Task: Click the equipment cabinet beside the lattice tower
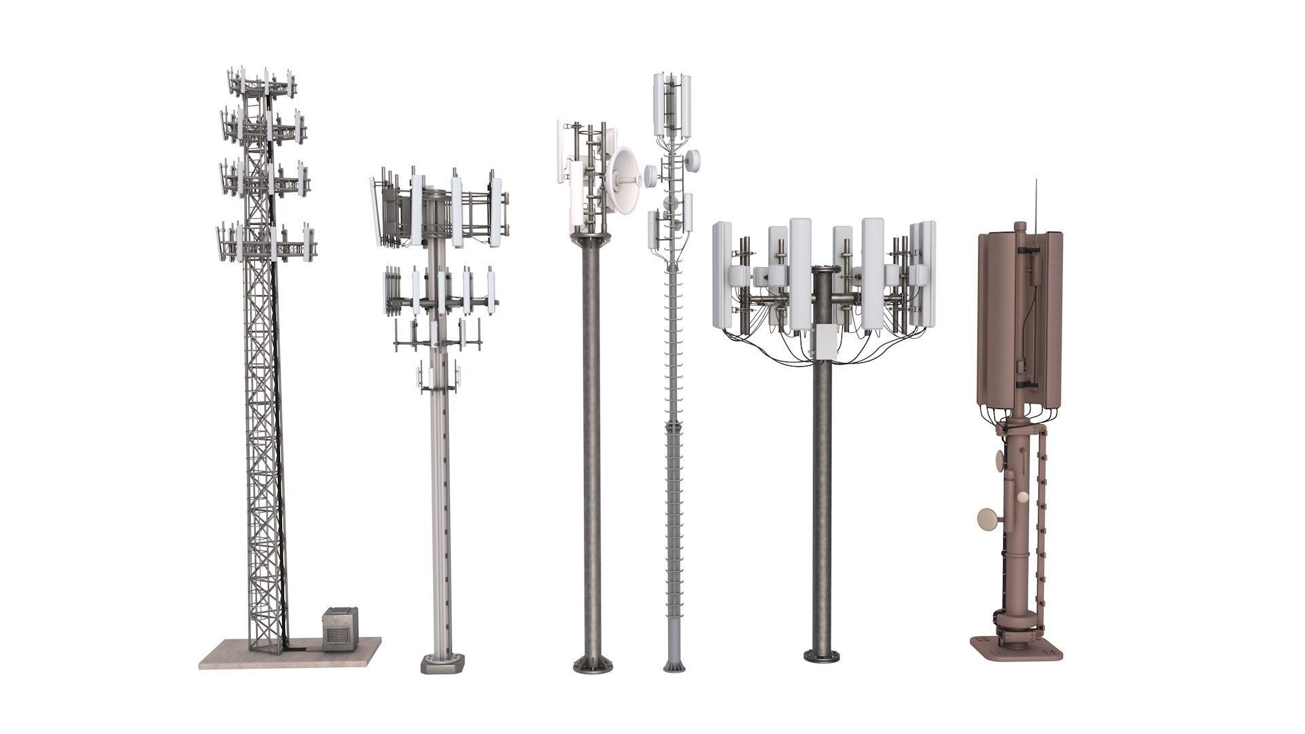pyautogui.click(x=340, y=629)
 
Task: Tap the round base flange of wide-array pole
pyautogui.click(x=822, y=657)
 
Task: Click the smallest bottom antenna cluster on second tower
pyautogui.click(x=439, y=377)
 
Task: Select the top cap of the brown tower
pyautogui.click(x=1020, y=226)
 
